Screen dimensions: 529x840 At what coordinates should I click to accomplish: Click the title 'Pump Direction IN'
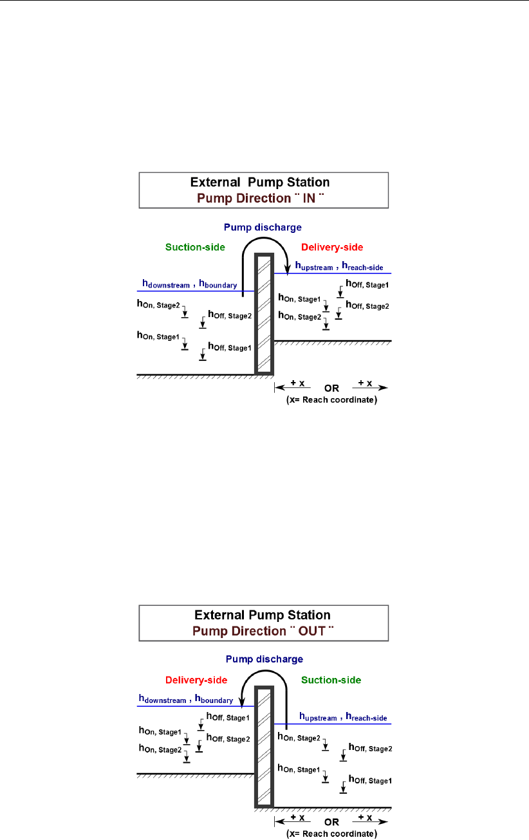(x=264, y=198)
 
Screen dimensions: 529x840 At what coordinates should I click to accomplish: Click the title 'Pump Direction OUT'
(x=264, y=631)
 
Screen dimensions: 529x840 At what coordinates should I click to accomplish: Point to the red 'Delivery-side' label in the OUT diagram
(x=194, y=680)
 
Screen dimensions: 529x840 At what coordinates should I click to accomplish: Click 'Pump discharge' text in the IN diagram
(x=263, y=227)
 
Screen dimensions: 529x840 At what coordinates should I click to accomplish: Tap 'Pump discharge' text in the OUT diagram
(x=263, y=659)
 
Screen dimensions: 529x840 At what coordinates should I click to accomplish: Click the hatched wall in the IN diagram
(x=264, y=315)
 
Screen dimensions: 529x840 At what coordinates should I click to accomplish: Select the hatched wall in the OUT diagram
(x=264, y=746)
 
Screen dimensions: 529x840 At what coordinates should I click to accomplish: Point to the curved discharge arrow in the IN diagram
(x=264, y=241)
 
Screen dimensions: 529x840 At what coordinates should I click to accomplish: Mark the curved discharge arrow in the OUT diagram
(x=263, y=674)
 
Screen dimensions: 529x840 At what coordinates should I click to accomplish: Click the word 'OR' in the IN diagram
(x=331, y=388)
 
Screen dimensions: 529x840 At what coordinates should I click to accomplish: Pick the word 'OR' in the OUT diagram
(x=331, y=822)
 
